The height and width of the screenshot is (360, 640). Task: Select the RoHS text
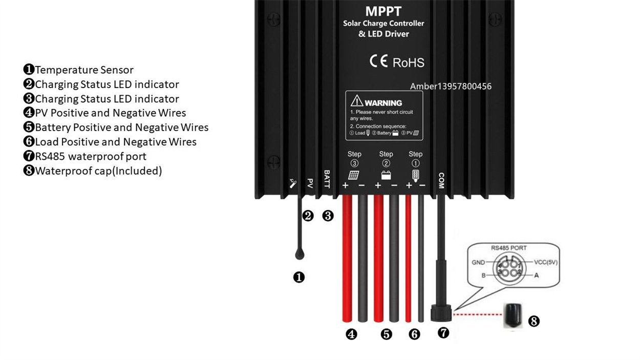point(408,63)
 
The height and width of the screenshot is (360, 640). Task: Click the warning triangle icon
point(356,102)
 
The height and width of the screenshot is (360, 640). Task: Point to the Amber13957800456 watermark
point(451,86)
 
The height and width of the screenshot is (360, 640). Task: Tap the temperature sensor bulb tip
point(300,253)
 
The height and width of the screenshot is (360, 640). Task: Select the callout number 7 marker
point(444,332)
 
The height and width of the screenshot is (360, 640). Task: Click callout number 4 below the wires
point(351,334)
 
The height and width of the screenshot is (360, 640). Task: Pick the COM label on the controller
point(441,180)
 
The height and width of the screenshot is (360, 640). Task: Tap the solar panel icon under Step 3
point(353,175)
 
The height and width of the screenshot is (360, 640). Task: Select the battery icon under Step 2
point(386,175)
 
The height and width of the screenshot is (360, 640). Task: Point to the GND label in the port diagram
point(478,262)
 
